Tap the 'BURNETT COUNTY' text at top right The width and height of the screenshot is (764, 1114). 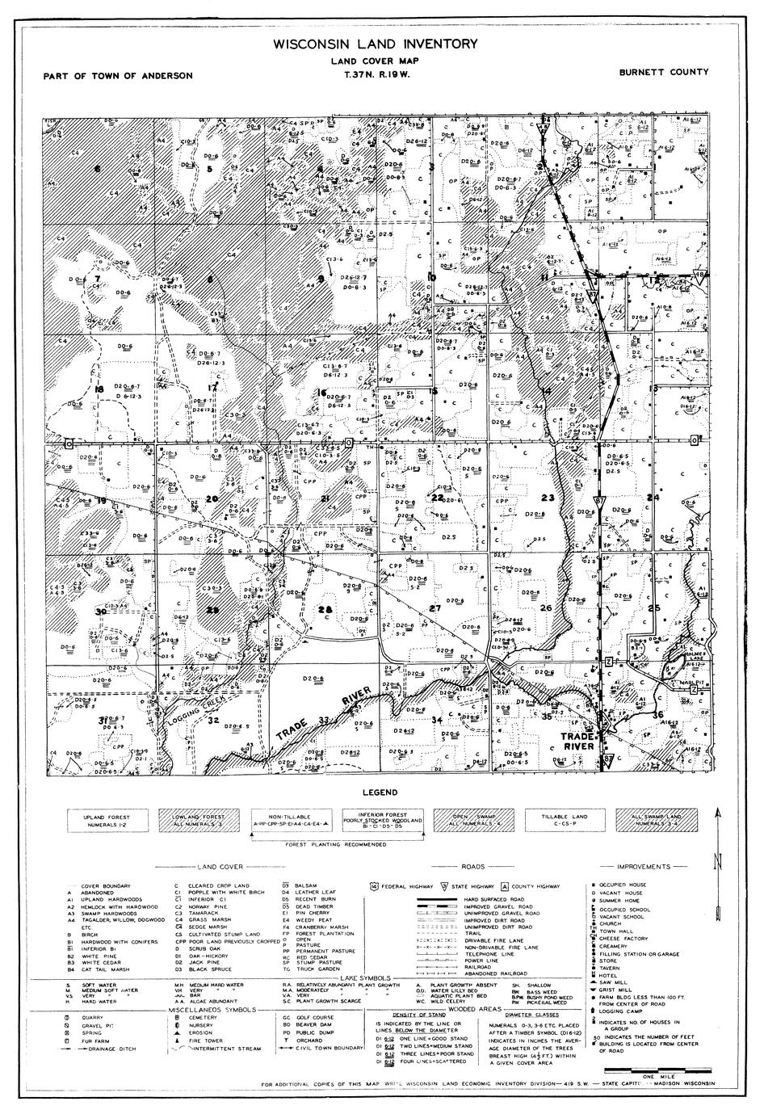(x=664, y=72)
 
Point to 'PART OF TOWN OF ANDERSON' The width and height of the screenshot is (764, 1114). (x=119, y=76)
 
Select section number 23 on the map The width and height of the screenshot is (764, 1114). (x=548, y=498)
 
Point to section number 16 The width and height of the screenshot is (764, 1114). (x=321, y=393)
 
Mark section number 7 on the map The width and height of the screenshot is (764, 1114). (x=97, y=279)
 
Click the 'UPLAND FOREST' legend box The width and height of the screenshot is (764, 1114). (x=106, y=821)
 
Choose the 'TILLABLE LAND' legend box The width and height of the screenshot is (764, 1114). (x=565, y=821)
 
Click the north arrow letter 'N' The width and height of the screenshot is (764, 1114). (x=716, y=863)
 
